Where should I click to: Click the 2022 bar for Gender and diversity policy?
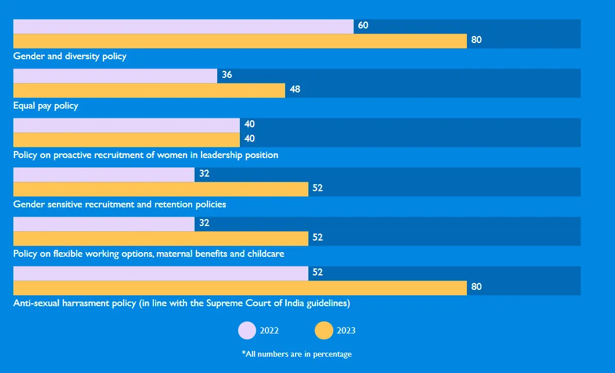pos(183,26)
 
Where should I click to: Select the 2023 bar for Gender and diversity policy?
pos(240,41)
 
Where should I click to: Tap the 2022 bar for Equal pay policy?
pos(115,76)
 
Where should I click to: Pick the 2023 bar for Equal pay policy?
pos(149,90)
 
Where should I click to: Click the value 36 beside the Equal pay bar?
pos(227,75)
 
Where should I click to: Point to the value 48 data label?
pos(295,89)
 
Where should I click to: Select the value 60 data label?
pos(363,26)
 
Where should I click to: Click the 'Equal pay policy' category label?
pos(46,106)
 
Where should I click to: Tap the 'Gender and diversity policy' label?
pos(70,56)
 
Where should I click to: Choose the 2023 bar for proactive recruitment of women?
pos(126,139)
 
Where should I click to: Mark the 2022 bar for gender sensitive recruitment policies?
pos(103,174)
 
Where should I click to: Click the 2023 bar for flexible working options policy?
pos(160,238)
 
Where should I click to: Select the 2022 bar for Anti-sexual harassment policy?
pos(160,273)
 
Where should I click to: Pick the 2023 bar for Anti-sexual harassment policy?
pos(240,288)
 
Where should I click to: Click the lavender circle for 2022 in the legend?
pos(247,331)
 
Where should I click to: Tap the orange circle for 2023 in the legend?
pos(323,331)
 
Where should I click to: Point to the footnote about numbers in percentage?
pos(297,354)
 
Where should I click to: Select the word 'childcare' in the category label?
pos(266,254)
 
